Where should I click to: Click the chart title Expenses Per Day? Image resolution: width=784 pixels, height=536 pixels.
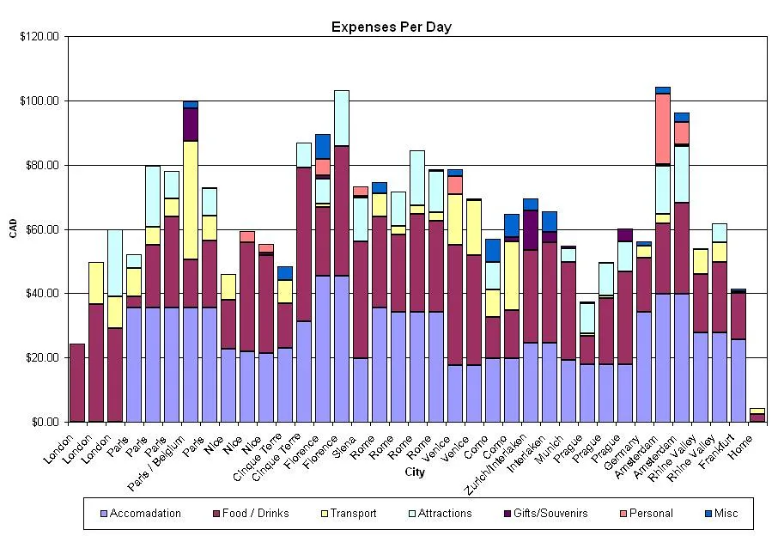click(x=391, y=27)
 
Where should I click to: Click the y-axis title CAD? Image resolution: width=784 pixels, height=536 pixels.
click(x=13, y=229)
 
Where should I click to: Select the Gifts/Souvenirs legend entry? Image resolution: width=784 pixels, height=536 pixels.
click(x=549, y=514)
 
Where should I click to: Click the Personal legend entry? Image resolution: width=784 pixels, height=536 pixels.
click(x=649, y=514)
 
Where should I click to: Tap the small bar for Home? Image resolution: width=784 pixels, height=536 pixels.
click(x=757, y=416)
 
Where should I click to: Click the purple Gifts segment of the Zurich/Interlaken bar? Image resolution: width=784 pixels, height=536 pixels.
click(x=531, y=229)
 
